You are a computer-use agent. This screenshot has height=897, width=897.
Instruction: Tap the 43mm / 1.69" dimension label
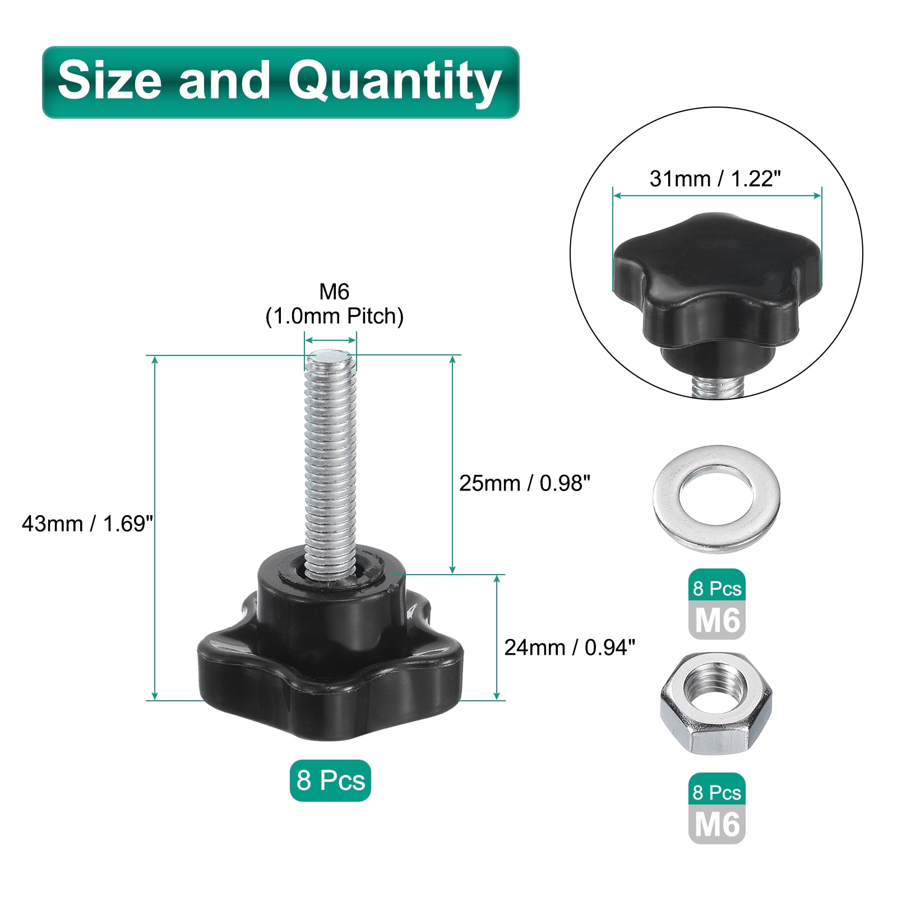87,524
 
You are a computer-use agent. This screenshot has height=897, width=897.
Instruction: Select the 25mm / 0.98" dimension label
524,483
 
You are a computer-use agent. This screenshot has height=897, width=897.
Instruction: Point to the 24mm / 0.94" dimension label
569,648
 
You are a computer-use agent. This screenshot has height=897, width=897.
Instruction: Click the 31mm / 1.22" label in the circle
715,179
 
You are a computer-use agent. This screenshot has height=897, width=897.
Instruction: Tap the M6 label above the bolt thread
334,292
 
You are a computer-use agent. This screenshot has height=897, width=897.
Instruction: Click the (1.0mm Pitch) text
334,316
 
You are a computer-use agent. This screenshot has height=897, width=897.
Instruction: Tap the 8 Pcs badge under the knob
330,780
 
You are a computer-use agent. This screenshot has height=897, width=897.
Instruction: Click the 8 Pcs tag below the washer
716,588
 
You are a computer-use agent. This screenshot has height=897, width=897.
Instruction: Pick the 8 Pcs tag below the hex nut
716,792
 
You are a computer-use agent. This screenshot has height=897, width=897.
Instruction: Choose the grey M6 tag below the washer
716,621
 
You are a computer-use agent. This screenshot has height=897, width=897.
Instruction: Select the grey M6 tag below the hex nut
716,825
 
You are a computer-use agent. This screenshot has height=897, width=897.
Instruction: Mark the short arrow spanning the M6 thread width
330,340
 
